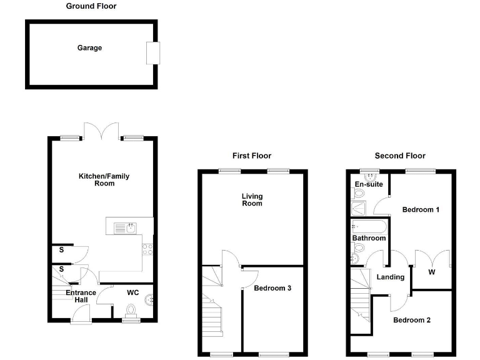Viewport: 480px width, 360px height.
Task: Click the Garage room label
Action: (x=89, y=48)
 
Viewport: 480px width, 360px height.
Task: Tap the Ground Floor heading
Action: (x=91, y=6)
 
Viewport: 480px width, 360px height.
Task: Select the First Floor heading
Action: (x=252, y=156)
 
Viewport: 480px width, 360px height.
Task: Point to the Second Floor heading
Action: (x=400, y=156)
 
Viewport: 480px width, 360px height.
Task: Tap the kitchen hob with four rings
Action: (x=149, y=249)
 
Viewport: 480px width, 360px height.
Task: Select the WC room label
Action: (x=132, y=292)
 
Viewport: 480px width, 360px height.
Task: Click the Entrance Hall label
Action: (x=81, y=296)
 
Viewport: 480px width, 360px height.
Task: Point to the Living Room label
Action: (x=252, y=200)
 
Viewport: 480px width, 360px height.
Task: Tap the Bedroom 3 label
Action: (x=272, y=289)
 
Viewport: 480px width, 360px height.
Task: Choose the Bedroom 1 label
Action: (x=421, y=209)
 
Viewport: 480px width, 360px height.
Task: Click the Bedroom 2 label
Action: (x=412, y=320)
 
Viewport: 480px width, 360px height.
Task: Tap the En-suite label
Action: (x=369, y=184)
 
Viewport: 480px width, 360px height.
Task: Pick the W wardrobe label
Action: (x=432, y=272)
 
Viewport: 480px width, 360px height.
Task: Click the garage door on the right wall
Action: (x=153, y=52)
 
